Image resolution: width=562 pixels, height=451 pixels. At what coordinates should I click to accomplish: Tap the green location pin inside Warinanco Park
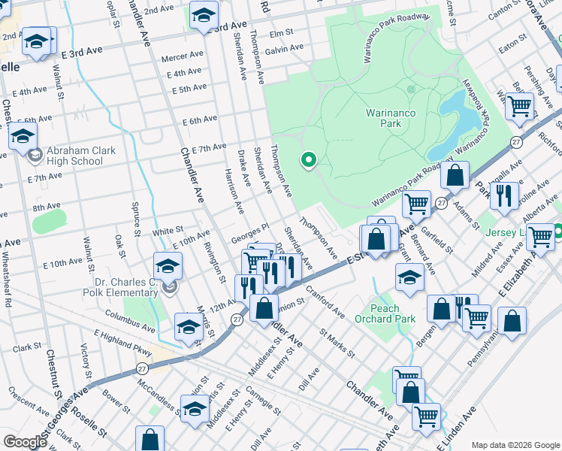pyautogui.click(x=307, y=160)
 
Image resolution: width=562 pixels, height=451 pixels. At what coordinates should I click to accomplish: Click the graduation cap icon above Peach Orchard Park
pyautogui.click(x=409, y=277)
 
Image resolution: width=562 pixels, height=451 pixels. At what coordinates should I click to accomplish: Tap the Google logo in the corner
pyautogui.click(x=25, y=442)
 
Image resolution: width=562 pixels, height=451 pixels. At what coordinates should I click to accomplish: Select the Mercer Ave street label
pyautogui.click(x=184, y=56)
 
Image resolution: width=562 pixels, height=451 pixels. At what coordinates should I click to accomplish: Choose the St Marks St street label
pyautogui.click(x=336, y=337)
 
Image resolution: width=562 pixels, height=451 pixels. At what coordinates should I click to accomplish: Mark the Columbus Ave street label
pyautogui.click(x=128, y=314)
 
